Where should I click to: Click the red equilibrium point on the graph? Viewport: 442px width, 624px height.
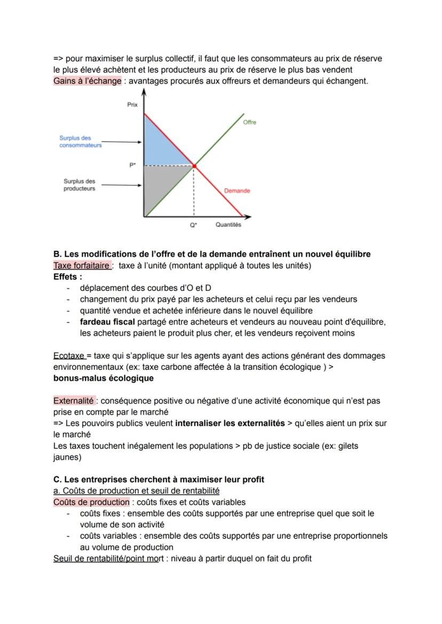click(x=194, y=166)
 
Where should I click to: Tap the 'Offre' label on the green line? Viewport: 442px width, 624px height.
click(x=249, y=122)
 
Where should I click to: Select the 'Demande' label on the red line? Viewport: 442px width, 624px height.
click(x=237, y=191)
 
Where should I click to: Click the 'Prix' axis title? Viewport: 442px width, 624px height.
click(x=132, y=105)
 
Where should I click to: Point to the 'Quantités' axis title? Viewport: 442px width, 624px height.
click(x=228, y=225)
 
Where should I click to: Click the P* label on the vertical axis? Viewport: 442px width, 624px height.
click(x=132, y=165)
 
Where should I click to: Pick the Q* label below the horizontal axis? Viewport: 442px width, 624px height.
click(x=193, y=225)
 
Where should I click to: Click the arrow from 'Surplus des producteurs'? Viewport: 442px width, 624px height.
click(x=121, y=185)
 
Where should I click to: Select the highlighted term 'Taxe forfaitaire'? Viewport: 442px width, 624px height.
click(x=82, y=265)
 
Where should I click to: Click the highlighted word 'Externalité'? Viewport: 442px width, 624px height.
click(x=74, y=400)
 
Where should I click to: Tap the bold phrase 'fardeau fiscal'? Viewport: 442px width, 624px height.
click(x=107, y=322)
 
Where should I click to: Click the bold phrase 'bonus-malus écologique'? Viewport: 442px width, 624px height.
click(x=103, y=378)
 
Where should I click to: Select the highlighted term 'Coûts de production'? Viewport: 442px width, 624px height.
click(x=91, y=502)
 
